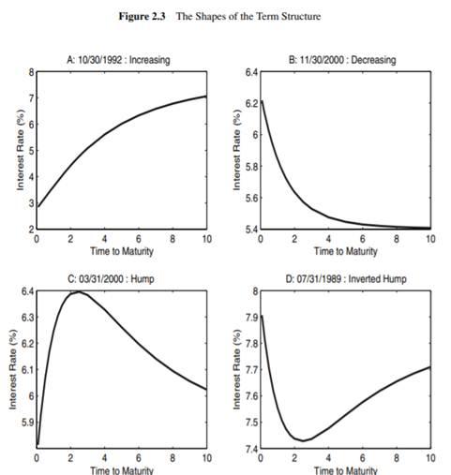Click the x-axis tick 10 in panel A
(x=205, y=239)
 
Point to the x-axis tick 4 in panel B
(x=326, y=239)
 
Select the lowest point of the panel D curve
(x=305, y=439)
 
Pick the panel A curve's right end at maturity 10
(x=205, y=96)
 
